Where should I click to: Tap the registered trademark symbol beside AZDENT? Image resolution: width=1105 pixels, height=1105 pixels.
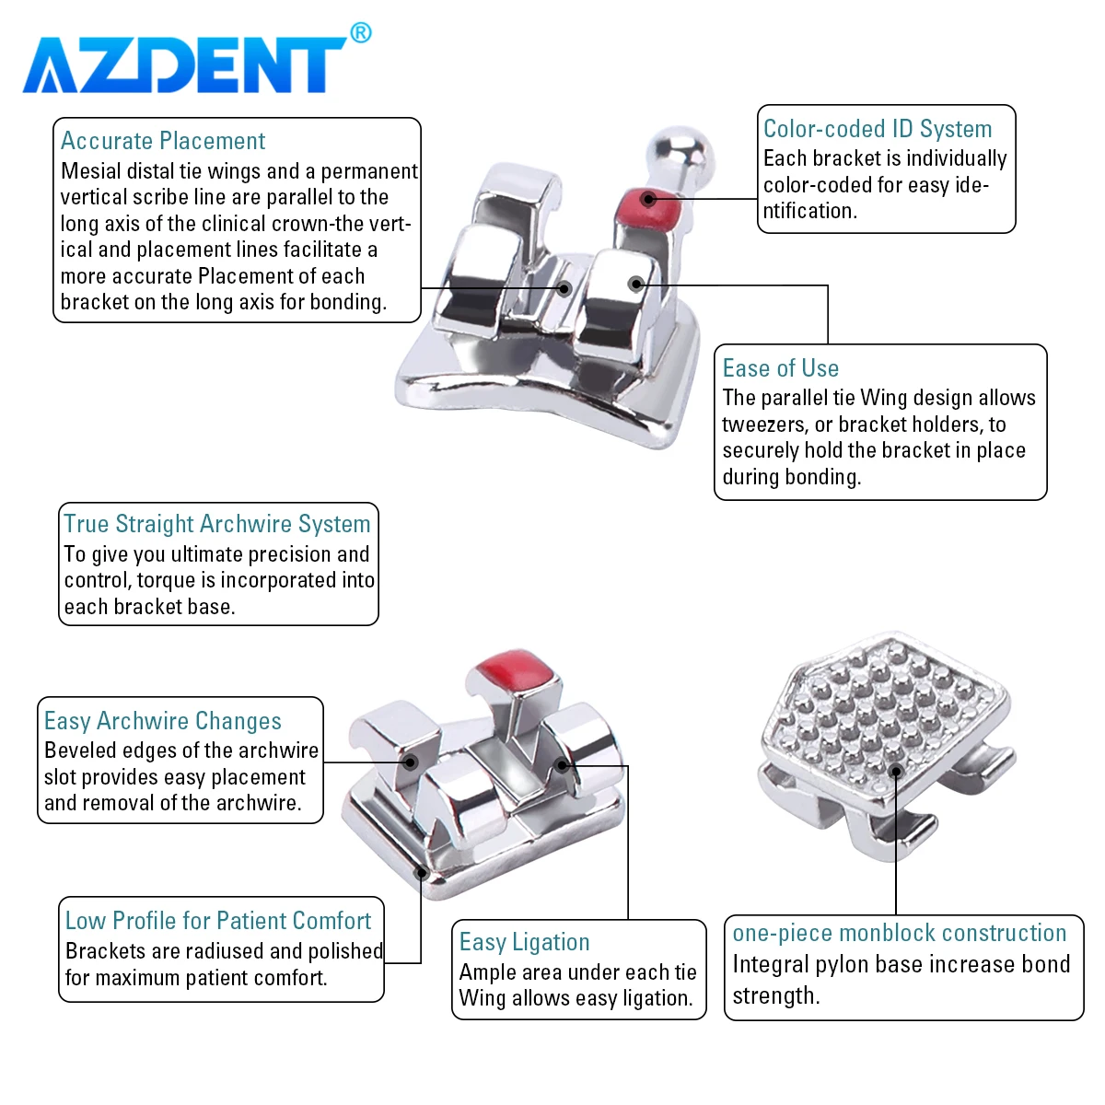361,32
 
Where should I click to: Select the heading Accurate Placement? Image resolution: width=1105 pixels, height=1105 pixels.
163,141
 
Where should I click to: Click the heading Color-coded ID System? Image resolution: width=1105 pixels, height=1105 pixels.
878,129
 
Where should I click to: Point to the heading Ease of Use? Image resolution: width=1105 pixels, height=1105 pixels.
781,368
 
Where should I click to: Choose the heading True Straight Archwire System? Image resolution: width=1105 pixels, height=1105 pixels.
216,524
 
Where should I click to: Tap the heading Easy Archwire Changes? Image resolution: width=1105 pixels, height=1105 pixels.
163,721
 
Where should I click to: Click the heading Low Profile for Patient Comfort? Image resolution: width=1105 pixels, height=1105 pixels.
218,921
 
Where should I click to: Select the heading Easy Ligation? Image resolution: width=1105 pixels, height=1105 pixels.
524,942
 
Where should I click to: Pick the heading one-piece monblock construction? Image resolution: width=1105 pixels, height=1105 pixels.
899,933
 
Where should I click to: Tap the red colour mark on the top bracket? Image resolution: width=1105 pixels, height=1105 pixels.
647,207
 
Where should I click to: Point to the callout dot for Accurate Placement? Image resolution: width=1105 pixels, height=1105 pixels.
564,288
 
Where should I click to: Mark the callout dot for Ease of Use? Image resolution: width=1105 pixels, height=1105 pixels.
635,284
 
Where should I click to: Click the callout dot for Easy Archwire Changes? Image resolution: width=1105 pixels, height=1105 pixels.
410,762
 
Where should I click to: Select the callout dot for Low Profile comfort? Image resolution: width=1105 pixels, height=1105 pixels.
422,873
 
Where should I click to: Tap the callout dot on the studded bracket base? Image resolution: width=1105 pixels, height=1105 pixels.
896,772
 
